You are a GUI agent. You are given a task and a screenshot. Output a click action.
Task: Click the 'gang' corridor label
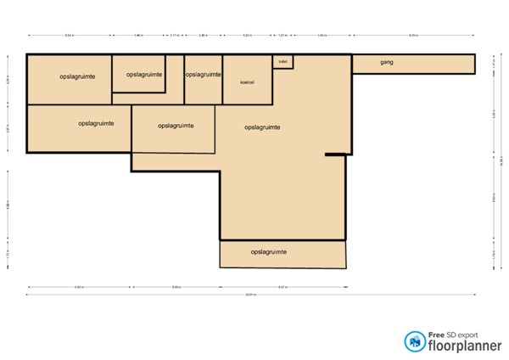[387, 63]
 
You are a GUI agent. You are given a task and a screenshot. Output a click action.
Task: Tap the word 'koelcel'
[248, 82]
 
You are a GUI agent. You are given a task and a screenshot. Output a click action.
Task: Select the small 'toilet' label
[282, 61]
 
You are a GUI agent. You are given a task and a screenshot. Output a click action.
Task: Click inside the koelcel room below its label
[248, 93]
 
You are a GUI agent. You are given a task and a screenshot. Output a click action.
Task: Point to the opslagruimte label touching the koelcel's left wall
[203, 75]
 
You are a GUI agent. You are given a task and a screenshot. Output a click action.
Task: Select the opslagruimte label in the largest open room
[262, 127]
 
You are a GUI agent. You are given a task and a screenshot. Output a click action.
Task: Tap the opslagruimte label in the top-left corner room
[77, 76]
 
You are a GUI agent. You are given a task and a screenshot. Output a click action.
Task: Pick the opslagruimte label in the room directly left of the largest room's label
[176, 125]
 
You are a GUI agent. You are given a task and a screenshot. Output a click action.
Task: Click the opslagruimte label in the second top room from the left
[143, 75]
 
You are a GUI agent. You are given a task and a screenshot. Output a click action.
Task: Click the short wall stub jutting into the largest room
[336, 155]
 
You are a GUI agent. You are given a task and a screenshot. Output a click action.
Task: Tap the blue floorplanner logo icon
[416, 340]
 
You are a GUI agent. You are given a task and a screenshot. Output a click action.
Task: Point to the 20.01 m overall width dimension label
[249, 295]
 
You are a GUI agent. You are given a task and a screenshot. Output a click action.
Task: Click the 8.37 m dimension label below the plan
[282, 287]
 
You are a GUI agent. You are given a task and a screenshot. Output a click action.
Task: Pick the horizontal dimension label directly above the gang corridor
[413, 35]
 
